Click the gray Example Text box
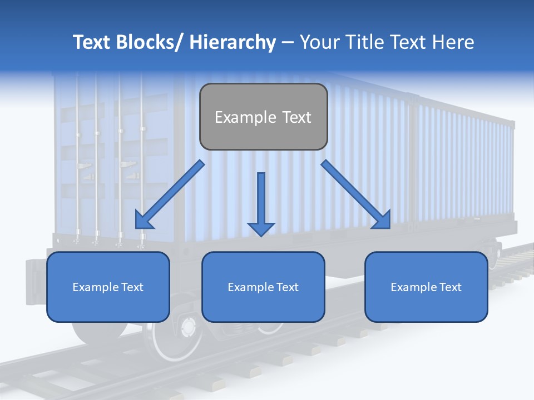click(264, 117)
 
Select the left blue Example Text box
click(108, 287)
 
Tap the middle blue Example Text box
click(263, 287)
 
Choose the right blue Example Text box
click(426, 287)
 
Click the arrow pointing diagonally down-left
click(170, 194)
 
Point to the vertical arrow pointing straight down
click(261, 204)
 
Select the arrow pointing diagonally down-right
click(356, 194)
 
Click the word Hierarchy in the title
click(233, 42)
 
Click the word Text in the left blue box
click(132, 287)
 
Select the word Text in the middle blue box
click(288, 287)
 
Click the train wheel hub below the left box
click(188, 328)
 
